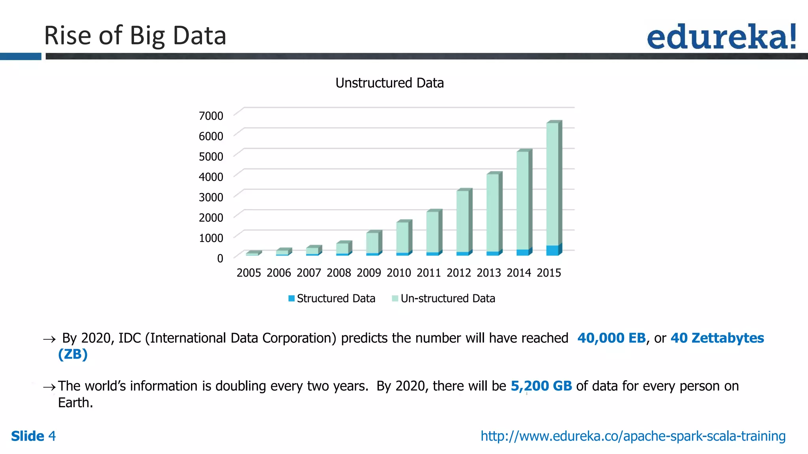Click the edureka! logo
721,37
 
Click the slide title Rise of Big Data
135,35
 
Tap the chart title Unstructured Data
389,83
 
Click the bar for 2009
372,242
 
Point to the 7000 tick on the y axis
211,116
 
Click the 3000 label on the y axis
211,197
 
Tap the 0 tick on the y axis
220,259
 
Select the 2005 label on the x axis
249,273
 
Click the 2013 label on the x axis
488,273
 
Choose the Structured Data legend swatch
292,299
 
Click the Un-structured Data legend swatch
395,299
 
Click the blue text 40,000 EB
611,338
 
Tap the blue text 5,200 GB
541,386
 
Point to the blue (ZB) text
73,354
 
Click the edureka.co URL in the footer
633,436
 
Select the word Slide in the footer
28,436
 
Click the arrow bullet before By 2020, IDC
49,339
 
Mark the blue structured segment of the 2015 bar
552,250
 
